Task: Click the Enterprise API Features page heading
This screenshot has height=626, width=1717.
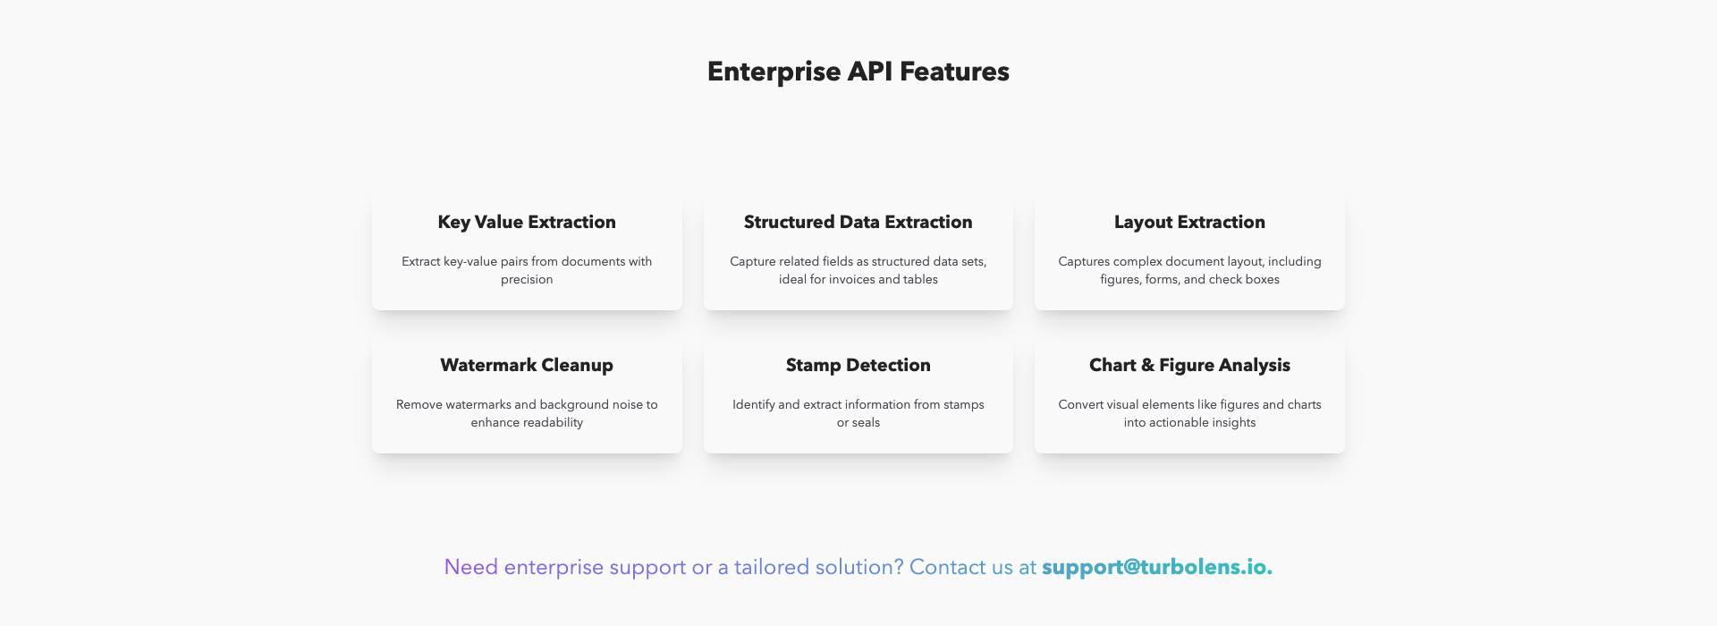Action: (858, 72)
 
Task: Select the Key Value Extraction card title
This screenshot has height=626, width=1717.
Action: (527, 222)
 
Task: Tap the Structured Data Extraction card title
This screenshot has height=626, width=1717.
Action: (858, 222)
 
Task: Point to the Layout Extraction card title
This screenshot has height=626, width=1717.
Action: (1189, 222)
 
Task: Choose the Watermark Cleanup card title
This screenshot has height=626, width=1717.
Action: (527, 365)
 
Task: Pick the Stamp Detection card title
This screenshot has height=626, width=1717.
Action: (858, 365)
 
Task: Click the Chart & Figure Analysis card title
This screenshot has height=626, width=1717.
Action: (1189, 365)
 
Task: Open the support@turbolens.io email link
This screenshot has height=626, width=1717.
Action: (1157, 567)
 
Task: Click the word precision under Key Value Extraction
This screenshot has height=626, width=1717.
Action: (527, 280)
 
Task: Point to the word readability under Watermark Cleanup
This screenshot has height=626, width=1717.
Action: (554, 422)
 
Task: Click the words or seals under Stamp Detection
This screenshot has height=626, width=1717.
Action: (858, 422)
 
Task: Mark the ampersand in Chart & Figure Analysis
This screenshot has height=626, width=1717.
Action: (1148, 365)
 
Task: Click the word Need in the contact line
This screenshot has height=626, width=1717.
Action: (471, 567)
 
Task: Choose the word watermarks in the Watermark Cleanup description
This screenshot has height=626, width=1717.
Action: (478, 404)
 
